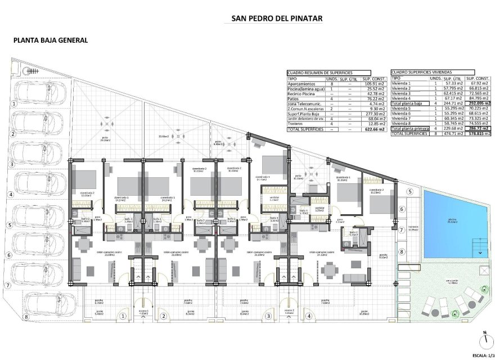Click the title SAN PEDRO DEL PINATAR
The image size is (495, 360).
point(277,19)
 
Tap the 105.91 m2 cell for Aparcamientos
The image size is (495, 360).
point(374,84)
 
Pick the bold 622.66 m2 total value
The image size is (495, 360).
point(373,129)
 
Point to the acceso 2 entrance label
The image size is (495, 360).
point(289,310)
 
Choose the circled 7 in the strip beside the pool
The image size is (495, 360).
point(402,231)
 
